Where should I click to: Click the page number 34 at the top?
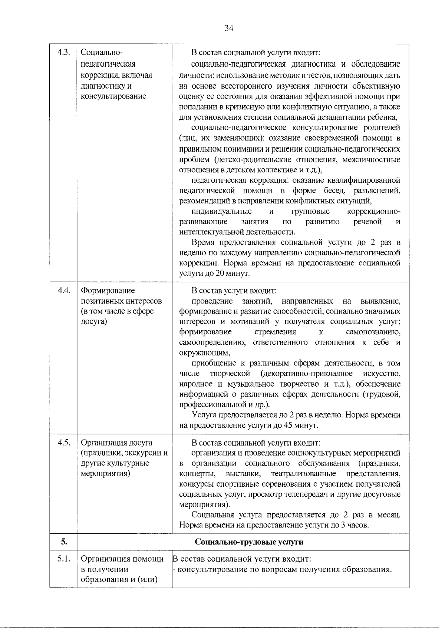click(x=228, y=29)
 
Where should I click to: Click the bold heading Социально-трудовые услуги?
click(x=249, y=542)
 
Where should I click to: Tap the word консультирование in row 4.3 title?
click(x=113, y=96)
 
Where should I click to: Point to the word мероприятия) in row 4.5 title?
click(x=105, y=474)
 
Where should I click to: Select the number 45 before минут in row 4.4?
click(x=288, y=425)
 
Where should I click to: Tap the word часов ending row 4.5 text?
click(x=357, y=525)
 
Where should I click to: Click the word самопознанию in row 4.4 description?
click(x=373, y=332)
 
